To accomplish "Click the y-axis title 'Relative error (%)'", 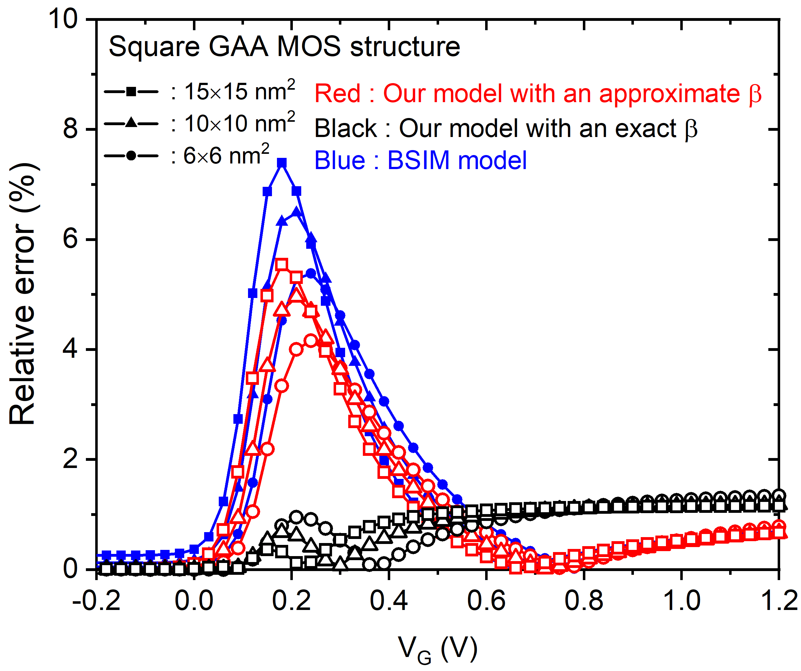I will (23, 294).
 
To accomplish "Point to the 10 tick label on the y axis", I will (63, 19).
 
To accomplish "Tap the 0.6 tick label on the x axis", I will (486, 600).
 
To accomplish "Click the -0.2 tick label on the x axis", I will (96, 600).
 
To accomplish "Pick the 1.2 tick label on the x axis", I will (778, 600).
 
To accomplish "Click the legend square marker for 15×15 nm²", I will (131, 92).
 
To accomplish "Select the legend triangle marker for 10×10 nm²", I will (131, 123).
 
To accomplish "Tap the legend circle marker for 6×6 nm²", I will (131, 155).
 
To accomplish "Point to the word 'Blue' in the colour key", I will (340, 160).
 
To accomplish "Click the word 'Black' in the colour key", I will (345, 128).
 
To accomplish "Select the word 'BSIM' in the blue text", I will (419, 160).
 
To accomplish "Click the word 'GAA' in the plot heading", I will (238, 47).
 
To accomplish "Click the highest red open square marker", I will (282, 264).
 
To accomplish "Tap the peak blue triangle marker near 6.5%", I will (296, 211).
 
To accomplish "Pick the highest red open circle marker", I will (311, 340).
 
